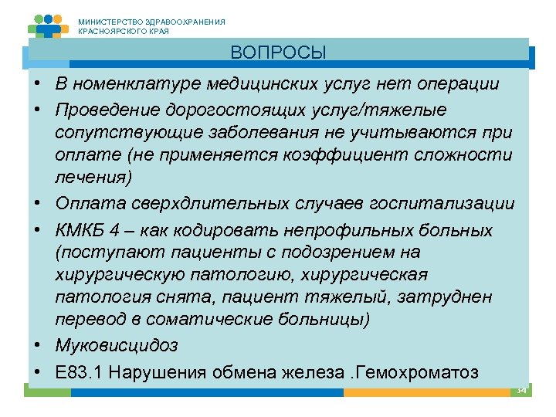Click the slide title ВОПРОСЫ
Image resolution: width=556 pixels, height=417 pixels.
pos(278,53)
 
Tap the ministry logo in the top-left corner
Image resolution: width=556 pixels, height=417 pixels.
pos(48,26)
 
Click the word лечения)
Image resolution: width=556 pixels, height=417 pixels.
pos(93,177)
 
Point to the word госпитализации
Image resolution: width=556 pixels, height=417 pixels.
pos(438,204)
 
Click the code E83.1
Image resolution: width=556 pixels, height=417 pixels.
pos(80,371)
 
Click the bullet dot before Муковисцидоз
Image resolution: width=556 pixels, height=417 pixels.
pos(37,344)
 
